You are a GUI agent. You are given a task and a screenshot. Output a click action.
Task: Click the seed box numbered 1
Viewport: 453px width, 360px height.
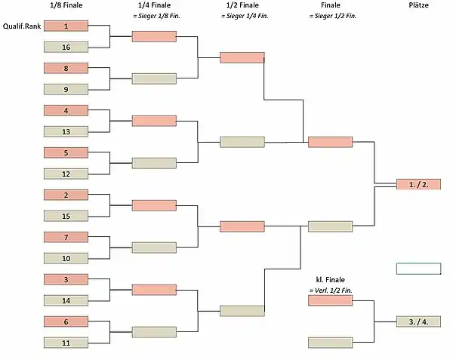pyautogui.click(x=66, y=26)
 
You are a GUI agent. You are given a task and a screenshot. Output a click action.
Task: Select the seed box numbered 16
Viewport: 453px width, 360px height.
pyautogui.click(x=66, y=47)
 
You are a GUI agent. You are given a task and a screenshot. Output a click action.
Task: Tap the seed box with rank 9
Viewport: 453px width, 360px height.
pyautogui.click(x=66, y=89)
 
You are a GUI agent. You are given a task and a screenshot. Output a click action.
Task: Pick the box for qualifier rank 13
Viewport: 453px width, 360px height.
pyautogui.click(x=66, y=131)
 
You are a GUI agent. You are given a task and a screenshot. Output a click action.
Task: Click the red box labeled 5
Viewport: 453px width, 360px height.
pyautogui.click(x=66, y=152)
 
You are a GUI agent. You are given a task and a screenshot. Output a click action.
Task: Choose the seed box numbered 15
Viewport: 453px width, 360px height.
pyautogui.click(x=66, y=217)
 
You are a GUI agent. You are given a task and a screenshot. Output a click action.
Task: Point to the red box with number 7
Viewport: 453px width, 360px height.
pyautogui.click(x=66, y=237)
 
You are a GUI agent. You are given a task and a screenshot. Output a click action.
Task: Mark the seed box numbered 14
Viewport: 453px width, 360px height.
pyautogui.click(x=66, y=300)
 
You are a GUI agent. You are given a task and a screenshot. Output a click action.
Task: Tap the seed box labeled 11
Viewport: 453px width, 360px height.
pyautogui.click(x=66, y=343)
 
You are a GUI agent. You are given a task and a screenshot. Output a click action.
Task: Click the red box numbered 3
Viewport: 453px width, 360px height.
pyautogui.click(x=66, y=279)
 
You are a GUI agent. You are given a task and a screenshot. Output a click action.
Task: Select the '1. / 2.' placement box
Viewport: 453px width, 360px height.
pyautogui.click(x=418, y=184)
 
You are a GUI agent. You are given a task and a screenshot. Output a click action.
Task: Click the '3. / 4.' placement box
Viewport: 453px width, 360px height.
pyautogui.click(x=418, y=322)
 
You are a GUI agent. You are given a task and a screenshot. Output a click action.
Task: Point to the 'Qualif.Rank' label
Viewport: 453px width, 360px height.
pyautogui.click(x=22, y=26)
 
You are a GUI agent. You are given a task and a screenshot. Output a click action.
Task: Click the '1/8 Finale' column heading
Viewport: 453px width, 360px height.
pyautogui.click(x=66, y=5)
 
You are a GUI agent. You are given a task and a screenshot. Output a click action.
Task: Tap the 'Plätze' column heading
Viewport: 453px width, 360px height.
pyautogui.click(x=418, y=5)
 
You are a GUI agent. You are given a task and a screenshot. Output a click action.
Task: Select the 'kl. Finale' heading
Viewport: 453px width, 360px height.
pyautogui.click(x=330, y=280)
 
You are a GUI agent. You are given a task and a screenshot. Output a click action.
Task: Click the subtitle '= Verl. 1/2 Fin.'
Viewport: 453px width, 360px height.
pyautogui.click(x=331, y=291)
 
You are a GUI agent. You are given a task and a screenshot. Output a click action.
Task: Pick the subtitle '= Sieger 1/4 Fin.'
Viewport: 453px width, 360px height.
pyautogui.click(x=245, y=16)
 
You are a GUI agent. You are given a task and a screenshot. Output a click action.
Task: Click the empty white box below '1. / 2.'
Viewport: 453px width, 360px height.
pyautogui.click(x=418, y=269)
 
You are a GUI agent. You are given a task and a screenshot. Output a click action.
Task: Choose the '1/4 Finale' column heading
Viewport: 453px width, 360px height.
pyautogui.click(x=154, y=5)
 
